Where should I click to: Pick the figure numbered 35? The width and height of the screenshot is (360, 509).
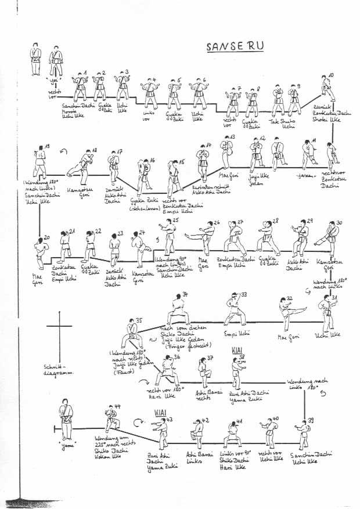[x=134, y=335]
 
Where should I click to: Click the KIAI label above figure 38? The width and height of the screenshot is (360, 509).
[x=236, y=352]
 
